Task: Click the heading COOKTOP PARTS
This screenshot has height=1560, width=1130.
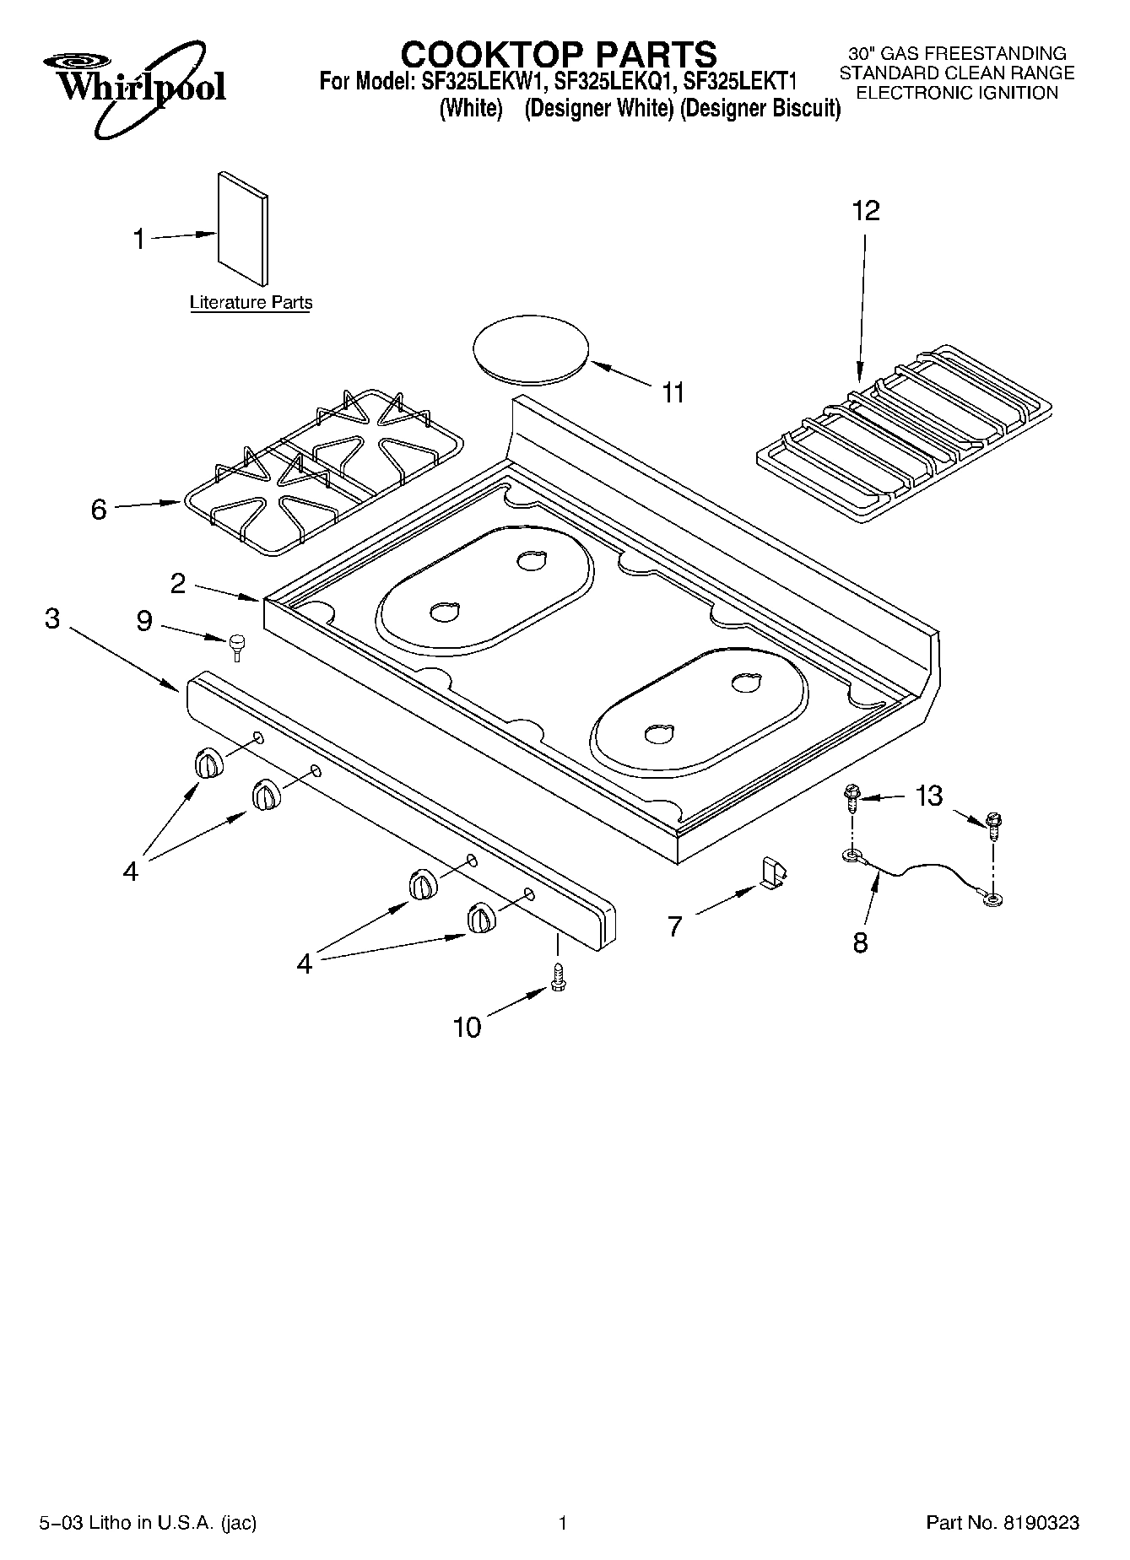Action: point(558,55)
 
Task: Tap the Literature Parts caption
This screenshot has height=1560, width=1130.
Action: point(251,302)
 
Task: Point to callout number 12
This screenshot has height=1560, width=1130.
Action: point(866,210)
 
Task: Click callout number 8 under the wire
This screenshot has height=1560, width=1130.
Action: point(860,942)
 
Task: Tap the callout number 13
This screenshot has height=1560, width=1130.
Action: point(929,796)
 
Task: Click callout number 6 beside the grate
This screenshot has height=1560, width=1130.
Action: point(99,510)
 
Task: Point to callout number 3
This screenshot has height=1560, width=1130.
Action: point(52,618)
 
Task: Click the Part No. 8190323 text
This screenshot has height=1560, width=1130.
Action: point(1003,1523)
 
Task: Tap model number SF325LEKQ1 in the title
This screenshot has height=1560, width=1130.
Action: point(614,83)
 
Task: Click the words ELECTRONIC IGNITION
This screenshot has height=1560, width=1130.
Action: point(957,94)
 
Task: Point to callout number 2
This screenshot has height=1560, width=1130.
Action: point(178,583)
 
